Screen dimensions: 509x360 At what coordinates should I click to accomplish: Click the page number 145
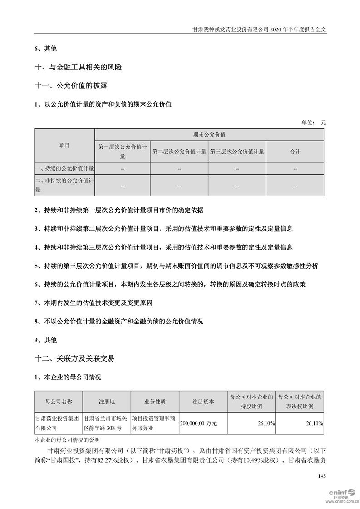coord(322,476)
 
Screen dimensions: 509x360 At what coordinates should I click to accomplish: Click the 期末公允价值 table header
coord(209,135)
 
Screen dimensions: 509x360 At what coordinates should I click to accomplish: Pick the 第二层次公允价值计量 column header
coord(179,152)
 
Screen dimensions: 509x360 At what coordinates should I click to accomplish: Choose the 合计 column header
coord(295,152)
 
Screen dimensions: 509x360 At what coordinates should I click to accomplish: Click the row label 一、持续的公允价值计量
coord(64,169)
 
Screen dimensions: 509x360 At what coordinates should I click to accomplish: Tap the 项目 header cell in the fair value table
coord(64,145)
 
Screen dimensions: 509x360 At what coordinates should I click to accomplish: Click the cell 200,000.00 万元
coord(198,423)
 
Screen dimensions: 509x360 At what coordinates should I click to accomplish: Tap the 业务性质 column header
coord(155,401)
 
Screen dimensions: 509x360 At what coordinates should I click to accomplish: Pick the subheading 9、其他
coord(46,339)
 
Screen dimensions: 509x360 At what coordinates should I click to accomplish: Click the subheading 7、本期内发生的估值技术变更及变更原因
coord(93,303)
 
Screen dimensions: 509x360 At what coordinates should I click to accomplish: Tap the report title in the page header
coord(259,29)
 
